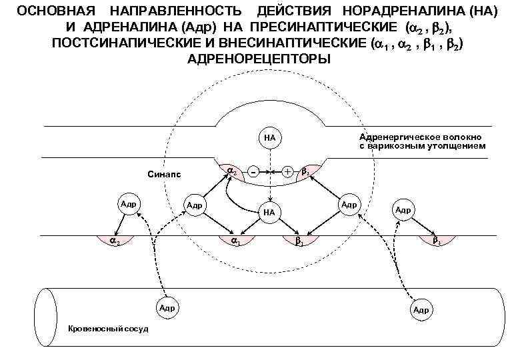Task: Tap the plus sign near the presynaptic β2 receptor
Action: pyautogui.click(x=287, y=172)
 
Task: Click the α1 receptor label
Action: pyautogui.click(x=235, y=241)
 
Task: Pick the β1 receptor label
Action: pyautogui.click(x=299, y=241)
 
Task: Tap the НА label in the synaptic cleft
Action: pyautogui.click(x=269, y=212)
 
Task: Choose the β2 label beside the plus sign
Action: pyautogui.click(x=306, y=172)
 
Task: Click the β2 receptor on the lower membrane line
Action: pyautogui.click(x=436, y=241)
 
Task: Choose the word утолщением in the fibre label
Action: pyautogui.click(x=458, y=145)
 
